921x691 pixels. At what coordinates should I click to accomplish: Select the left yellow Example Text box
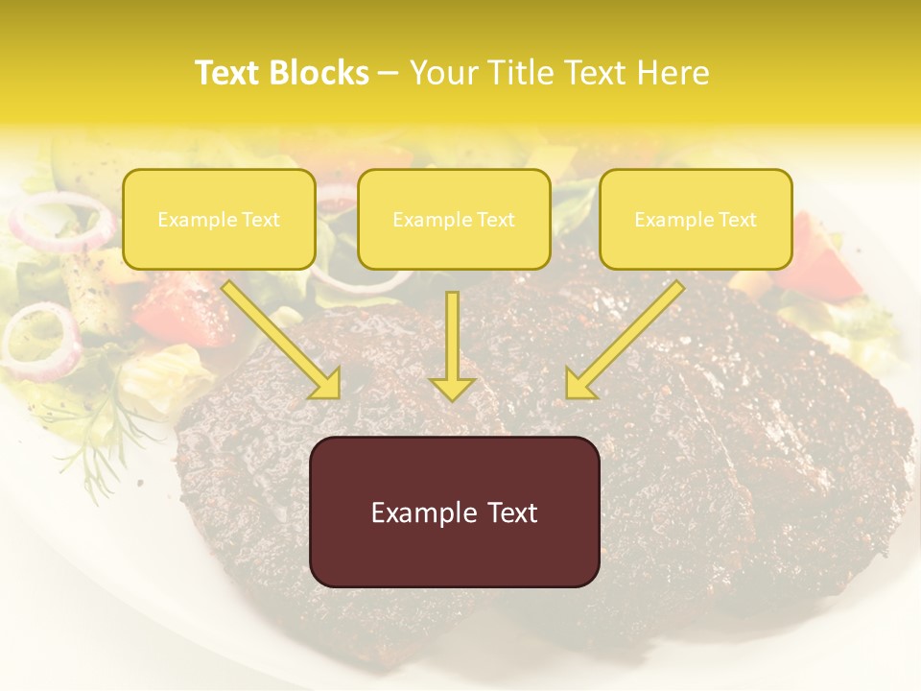point(219,220)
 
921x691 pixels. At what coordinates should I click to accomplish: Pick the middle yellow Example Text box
point(454,220)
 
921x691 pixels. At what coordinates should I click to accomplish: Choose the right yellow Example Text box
point(696,220)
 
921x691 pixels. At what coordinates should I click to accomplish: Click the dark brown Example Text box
point(454,512)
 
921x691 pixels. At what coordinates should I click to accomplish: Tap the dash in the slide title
point(389,73)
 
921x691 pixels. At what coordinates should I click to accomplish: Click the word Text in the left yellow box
point(261,220)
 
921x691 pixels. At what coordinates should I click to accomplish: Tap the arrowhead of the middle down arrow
point(452,388)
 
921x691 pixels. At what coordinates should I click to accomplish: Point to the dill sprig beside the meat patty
point(101,451)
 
